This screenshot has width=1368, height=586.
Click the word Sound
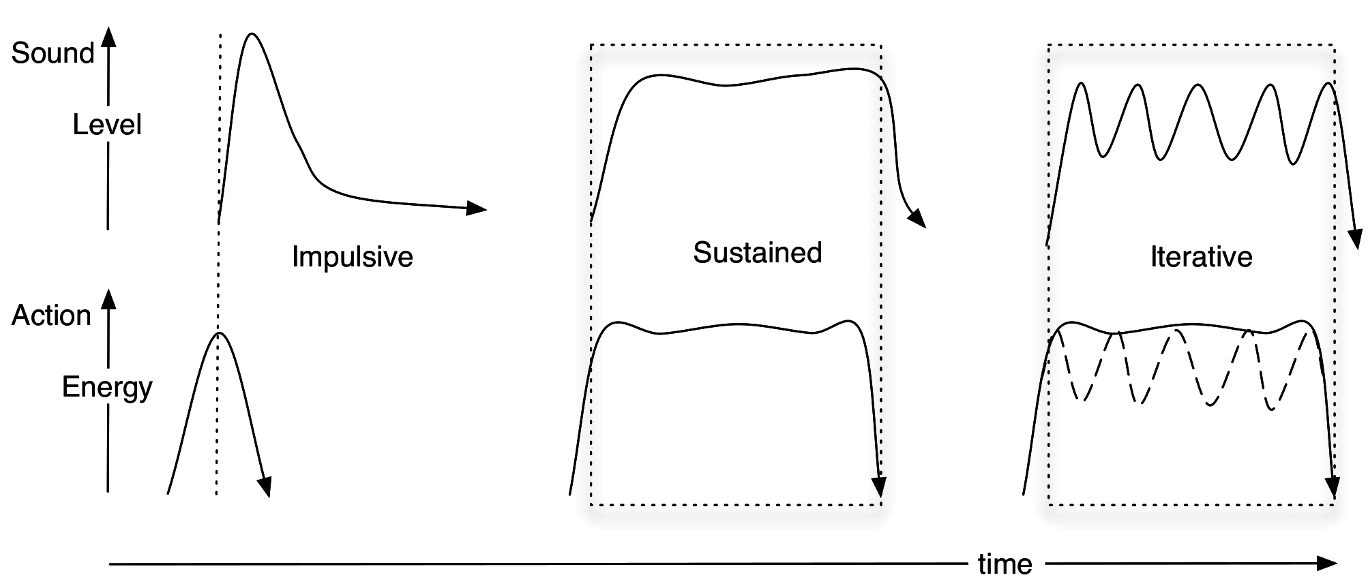53,53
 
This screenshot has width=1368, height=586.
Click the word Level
107,125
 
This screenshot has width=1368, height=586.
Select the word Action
51,315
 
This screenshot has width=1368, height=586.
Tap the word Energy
107,387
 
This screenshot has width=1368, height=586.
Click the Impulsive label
352,257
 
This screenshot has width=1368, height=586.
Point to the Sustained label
757,253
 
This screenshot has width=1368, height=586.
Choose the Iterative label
1201,257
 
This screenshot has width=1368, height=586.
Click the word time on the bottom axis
1005,564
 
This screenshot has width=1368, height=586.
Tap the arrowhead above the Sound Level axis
108,37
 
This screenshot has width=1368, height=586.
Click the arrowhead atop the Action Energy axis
108,299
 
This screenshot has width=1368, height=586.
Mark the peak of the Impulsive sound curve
252,33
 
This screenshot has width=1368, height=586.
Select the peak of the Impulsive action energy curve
219,333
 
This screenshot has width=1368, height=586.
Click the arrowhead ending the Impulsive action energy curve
265,487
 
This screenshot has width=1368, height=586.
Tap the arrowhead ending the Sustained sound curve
917,219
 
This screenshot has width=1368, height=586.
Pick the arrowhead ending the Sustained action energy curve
879,487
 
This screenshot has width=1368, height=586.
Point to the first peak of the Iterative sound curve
1080,83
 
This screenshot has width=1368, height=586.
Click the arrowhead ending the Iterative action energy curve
1332,488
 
